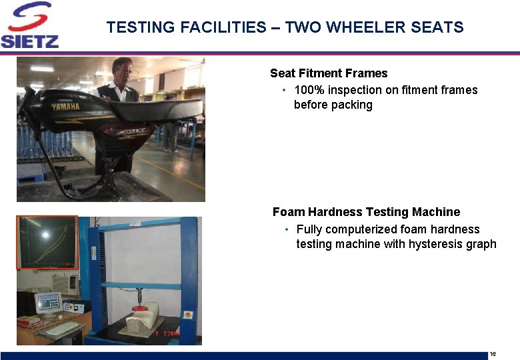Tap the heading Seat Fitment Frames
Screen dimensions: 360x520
click(329, 73)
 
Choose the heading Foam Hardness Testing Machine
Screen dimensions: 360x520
click(366, 212)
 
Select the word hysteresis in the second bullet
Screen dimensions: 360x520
click(436, 244)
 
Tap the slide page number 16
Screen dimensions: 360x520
click(493, 353)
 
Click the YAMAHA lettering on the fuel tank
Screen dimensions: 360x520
click(65, 107)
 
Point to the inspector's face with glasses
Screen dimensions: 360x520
click(122, 69)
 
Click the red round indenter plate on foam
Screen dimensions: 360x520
click(139, 308)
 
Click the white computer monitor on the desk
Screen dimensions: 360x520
click(49, 303)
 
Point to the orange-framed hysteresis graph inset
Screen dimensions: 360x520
click(47, 242)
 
